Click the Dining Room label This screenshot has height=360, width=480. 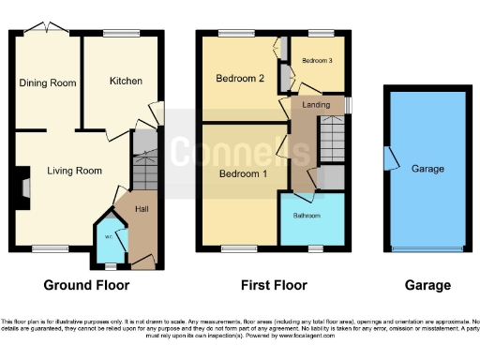[47, 82]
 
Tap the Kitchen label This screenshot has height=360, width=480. [126, 82]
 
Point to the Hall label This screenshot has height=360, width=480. [142, 208]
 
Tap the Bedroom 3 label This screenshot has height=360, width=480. [315, 60]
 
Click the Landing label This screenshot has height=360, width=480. [313, 105]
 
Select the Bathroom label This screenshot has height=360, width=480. [307, 216]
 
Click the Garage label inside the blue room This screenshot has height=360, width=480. [427, 169]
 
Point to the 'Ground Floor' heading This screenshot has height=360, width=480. [86, 285]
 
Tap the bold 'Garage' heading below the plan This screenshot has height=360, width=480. [427, 285]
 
